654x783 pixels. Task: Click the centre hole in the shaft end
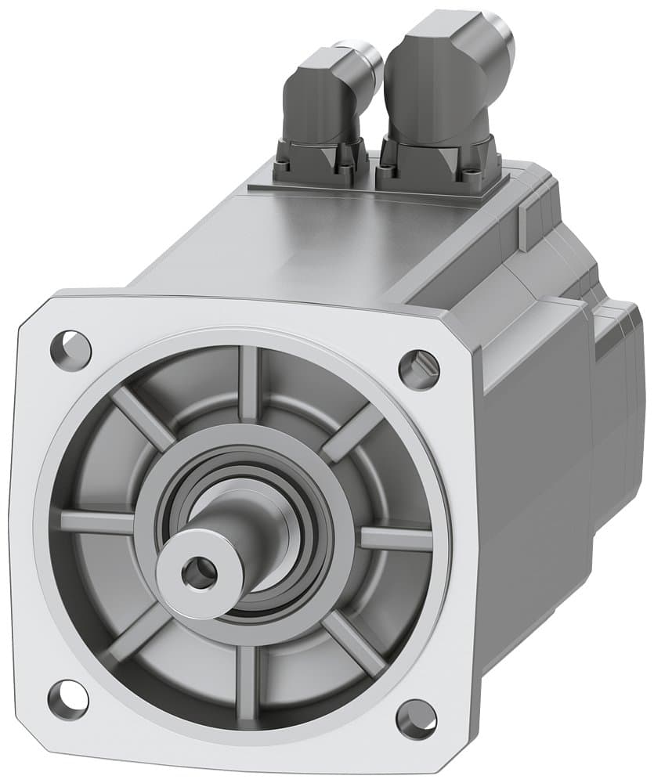(199, 575)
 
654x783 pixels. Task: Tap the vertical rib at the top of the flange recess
(248, 384)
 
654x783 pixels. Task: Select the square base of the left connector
(321, 161)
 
